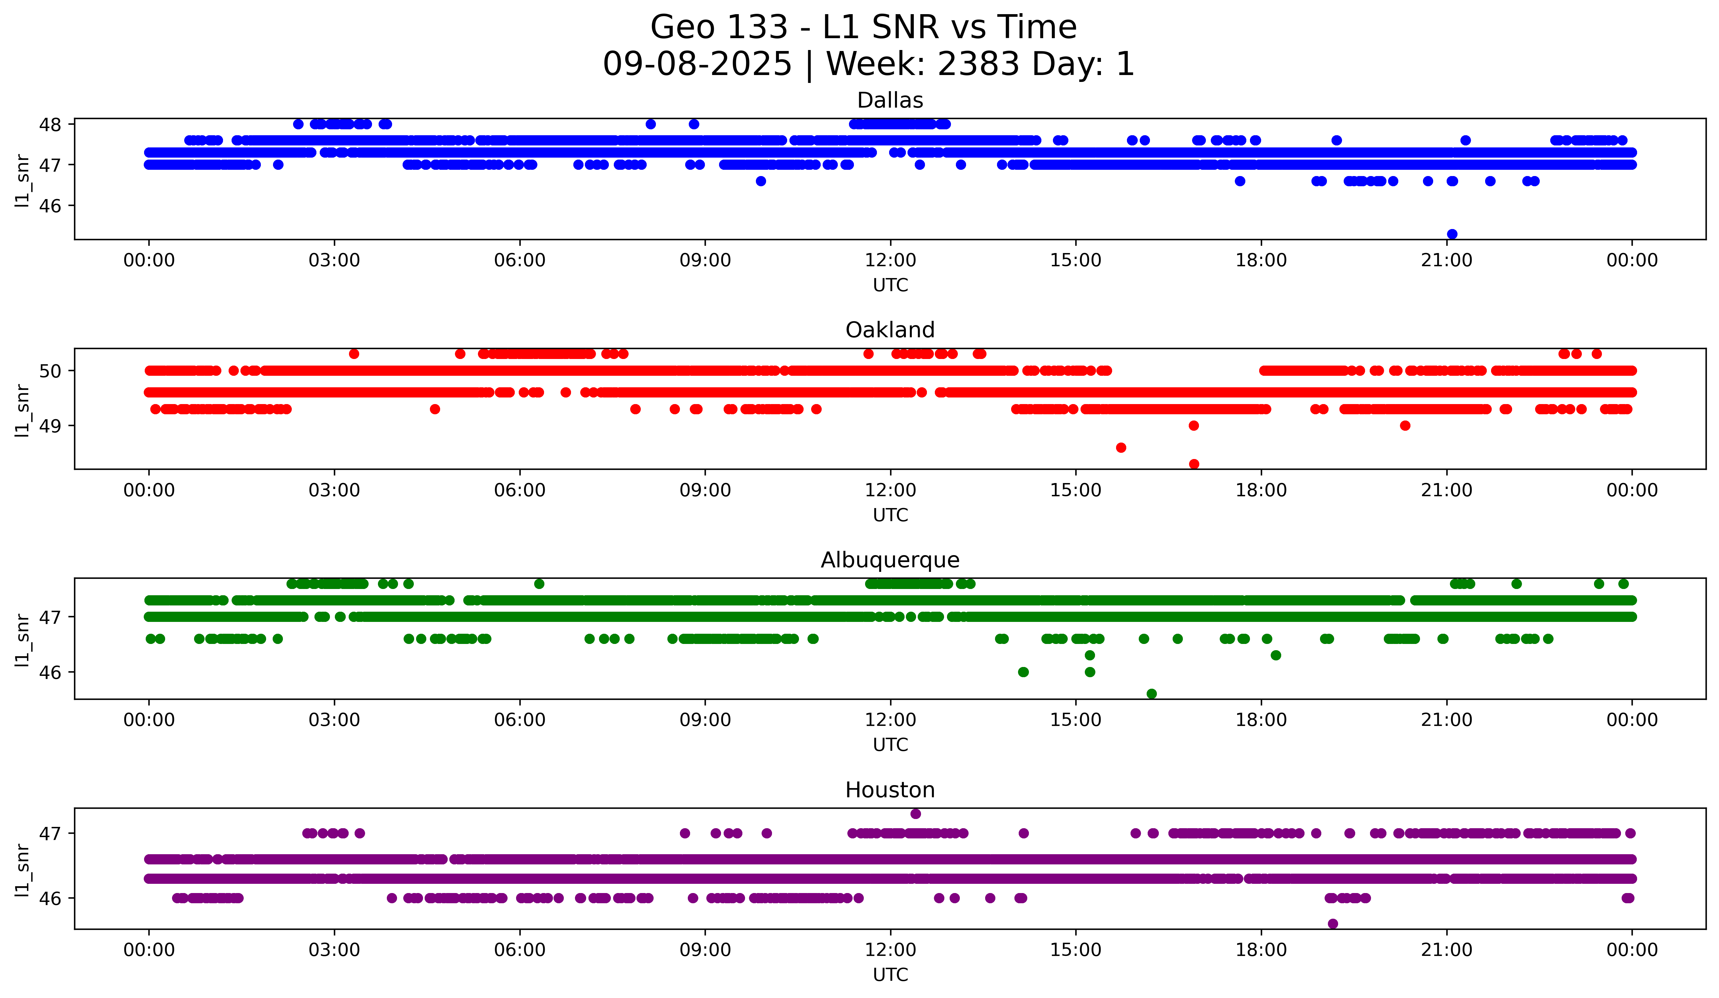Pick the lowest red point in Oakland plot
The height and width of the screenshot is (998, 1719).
point(1194,464)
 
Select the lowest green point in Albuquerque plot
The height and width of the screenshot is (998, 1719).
point(1152,694)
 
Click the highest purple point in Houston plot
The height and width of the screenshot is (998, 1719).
point(915,814)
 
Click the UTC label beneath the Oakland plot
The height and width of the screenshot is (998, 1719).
point(890,515)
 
